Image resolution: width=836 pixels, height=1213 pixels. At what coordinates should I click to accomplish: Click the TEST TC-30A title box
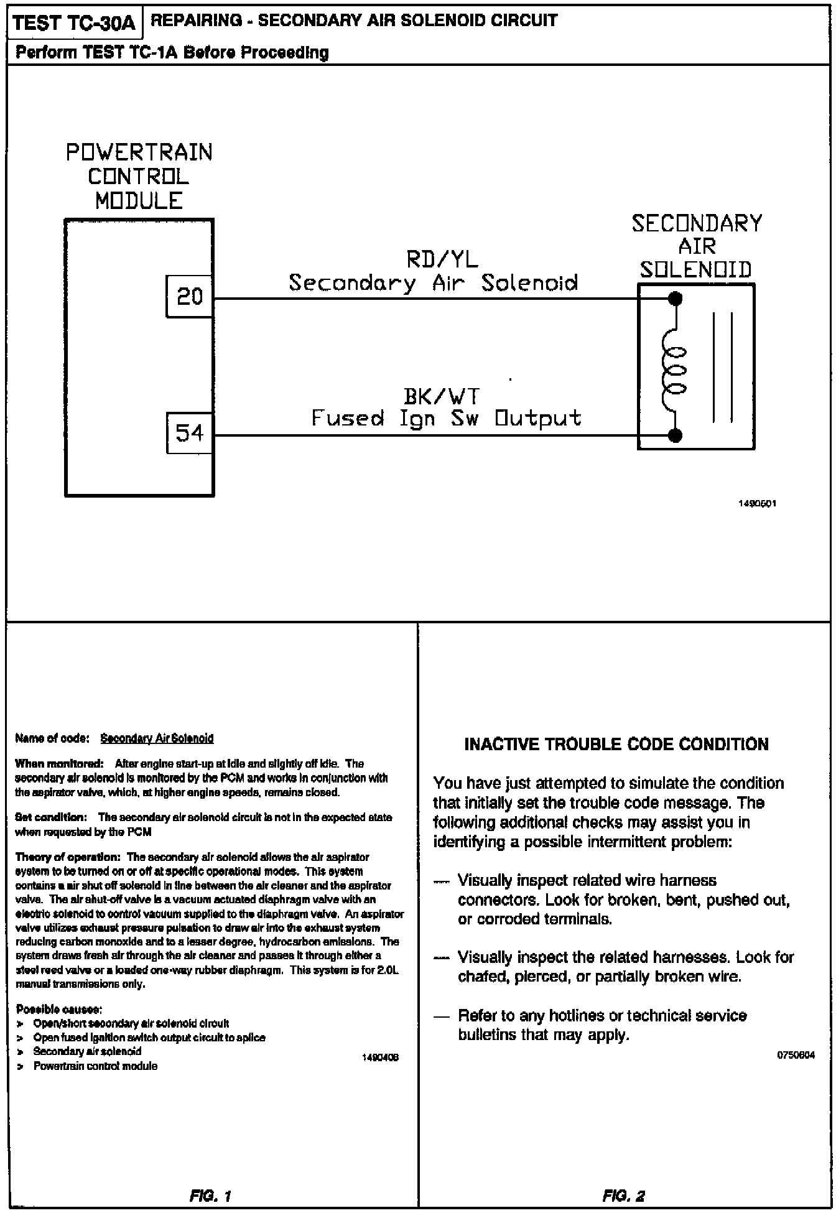click(73, 23)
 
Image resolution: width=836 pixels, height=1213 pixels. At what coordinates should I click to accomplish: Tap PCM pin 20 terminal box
click(190, 297)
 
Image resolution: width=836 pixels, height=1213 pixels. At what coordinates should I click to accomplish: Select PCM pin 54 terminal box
click(190, 432)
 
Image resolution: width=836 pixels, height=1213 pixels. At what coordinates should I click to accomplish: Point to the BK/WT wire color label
click(442, 396)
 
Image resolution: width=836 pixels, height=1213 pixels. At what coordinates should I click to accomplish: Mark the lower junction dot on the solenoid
click(675, 435)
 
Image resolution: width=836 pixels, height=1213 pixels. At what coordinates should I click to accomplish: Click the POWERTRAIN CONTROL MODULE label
click(139, 177)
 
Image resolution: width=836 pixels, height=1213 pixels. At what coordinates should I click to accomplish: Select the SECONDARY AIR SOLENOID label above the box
click(697, 246)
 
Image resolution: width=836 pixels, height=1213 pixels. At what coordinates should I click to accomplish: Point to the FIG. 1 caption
click(211, 1196)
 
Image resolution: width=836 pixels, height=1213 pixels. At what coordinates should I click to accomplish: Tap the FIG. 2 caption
click(624, 1196)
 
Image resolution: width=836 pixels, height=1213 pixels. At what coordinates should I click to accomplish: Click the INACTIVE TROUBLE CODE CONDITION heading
click(616, 745)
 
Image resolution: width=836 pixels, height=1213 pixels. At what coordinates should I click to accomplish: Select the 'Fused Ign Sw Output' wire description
click(446, 418)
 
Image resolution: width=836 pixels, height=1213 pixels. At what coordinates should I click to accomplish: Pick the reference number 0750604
click(796, 1055)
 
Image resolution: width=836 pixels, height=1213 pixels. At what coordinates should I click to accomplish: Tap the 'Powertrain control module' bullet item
click(95, 1066)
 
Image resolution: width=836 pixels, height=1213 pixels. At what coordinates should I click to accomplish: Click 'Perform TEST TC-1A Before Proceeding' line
click(172, 53)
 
